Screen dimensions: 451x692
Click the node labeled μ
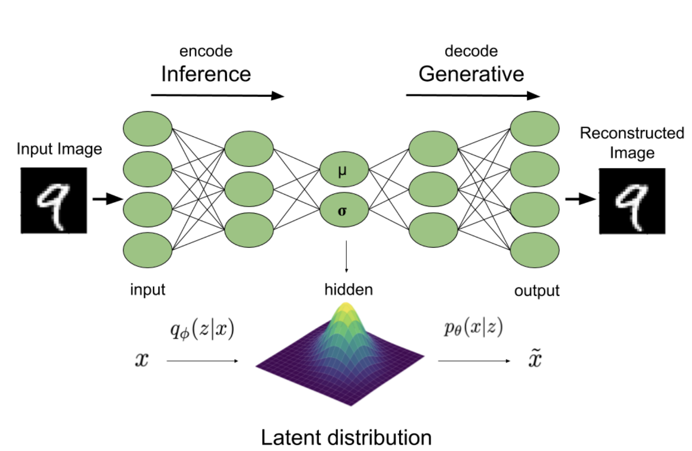343,170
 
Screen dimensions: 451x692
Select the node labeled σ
343,210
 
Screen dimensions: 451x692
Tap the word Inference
206,74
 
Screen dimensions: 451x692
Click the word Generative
471,74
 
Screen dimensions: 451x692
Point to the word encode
206,51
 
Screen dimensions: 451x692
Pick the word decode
471,51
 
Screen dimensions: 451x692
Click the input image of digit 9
54,200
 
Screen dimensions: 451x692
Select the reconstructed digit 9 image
632,201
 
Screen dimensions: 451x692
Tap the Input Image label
59,149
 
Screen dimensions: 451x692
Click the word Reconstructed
632,133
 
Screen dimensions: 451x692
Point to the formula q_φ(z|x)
202,329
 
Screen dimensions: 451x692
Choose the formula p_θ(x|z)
473,327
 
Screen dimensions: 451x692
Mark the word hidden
348,289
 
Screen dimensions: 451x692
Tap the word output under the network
537,290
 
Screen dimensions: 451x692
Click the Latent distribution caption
346,437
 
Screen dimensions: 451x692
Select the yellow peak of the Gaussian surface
346,309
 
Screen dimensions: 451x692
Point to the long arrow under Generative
473,95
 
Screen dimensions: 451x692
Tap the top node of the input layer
147,128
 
